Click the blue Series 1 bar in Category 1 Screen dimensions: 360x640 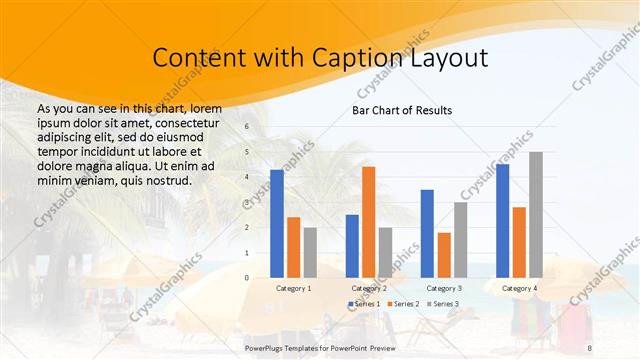(277, 223)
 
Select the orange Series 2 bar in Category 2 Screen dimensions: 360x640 (368, 221)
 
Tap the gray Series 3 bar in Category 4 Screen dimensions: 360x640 (536, 214)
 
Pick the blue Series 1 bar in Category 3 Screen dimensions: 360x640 (427, 233)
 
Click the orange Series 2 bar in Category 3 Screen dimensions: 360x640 (444, 254)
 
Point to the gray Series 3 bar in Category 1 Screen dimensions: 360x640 (310, 252)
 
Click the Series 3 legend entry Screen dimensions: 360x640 (441, 303)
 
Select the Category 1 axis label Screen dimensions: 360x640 (293, 288)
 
